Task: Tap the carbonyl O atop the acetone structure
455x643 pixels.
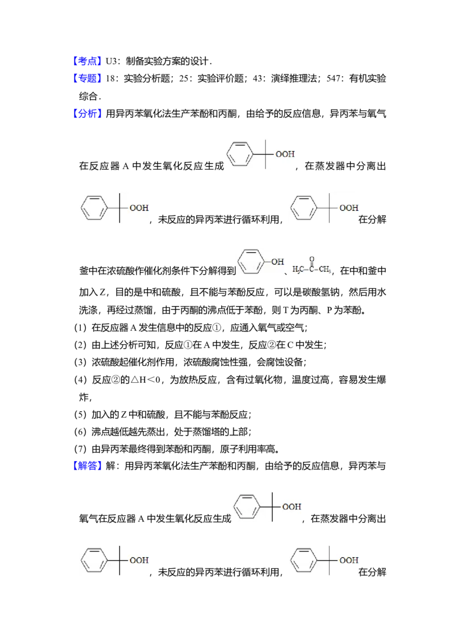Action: pos(312,259)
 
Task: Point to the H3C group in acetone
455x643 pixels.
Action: pos(297,269)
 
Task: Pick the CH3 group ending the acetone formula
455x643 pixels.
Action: pos(326,269)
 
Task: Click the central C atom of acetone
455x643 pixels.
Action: pos(312,269)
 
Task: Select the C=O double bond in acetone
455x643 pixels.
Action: pos(312,264)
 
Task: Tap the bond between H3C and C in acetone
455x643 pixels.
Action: pos(305,269)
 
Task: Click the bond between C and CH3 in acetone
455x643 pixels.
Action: pos(317,269)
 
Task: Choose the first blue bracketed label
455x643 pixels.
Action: pos(88,61)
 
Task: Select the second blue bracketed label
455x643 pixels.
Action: pos(88,79)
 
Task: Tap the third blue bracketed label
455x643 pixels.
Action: pos(88,112)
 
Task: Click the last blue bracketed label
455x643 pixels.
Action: pos(88,466)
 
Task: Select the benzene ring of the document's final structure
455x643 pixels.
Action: pos(303,560)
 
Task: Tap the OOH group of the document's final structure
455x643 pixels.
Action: pos(349,560)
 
